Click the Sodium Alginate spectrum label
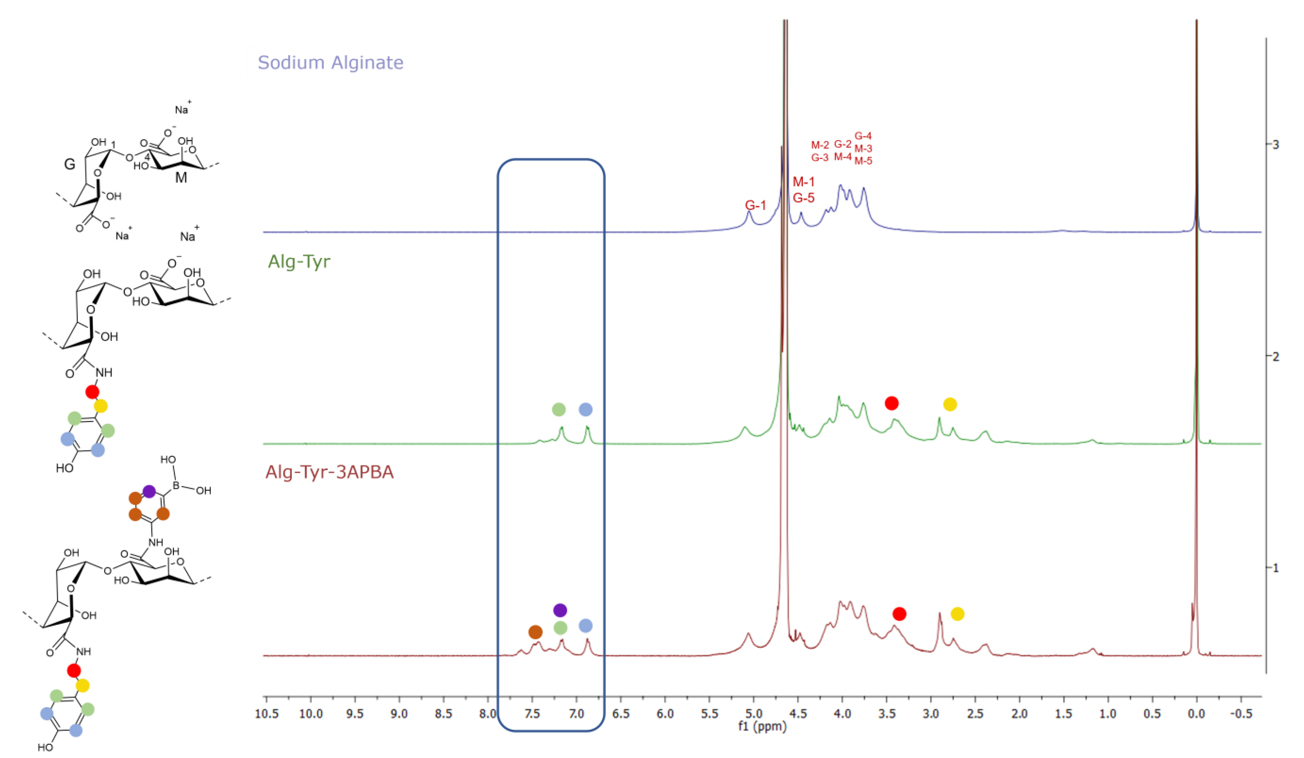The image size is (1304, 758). [330, 62]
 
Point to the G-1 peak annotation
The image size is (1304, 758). [755, 205]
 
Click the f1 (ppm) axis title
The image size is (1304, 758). [762, 726]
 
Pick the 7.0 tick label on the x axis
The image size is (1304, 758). [576, 714]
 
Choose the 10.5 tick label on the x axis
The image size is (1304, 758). [267, 714]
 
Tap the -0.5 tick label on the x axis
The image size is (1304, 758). [1240, 714]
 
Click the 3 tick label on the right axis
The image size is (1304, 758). [1275, 144]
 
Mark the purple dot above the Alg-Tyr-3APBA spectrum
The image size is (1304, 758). [560, 610]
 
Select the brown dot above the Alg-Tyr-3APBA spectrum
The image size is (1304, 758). [535, 632]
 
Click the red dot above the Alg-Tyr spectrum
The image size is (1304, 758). [891, 403]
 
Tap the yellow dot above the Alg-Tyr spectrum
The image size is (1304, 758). [949, 404]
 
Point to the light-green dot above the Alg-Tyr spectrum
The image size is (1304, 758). [558, 409]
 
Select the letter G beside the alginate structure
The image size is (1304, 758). [69, 165]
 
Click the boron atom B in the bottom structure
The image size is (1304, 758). [176, 486]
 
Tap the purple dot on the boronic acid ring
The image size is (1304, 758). [149, 491]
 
